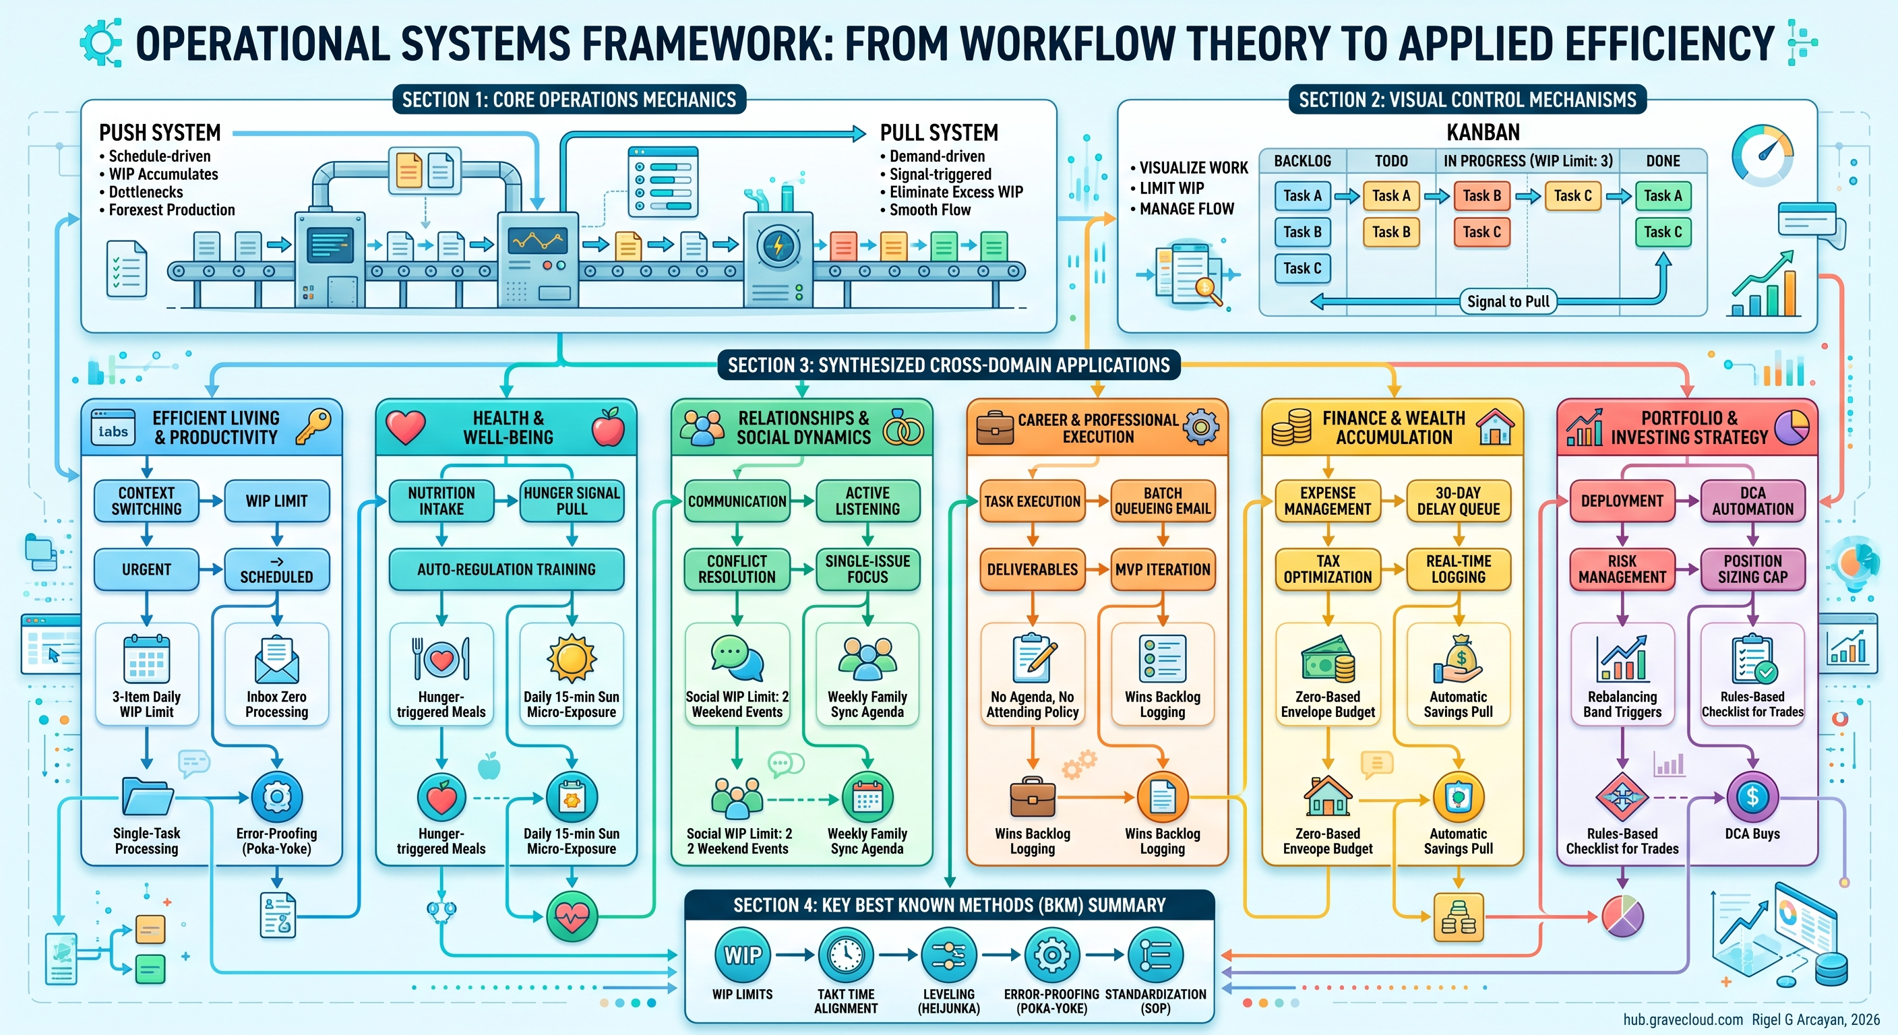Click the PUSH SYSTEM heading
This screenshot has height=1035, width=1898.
[160, 133]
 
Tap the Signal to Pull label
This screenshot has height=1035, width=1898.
[1508, 301]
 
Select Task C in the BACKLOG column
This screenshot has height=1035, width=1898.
[1302, 268]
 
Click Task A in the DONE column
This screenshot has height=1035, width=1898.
[1663, 196]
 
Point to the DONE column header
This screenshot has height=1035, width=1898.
[1663, 160]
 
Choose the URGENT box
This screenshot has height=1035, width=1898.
[147, 569]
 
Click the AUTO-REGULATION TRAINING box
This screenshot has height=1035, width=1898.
[506, 569]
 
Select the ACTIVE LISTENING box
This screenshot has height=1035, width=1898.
[867, 501]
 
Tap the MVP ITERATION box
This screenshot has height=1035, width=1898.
[1163, 569]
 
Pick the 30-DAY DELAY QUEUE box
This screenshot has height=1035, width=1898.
[1458, 501]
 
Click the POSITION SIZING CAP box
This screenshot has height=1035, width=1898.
[1753, 569]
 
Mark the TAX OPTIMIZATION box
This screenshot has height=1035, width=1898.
[1328, 569]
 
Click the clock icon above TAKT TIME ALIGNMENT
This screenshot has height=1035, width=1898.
[846, 955]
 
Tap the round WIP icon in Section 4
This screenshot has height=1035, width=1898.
[743, 955]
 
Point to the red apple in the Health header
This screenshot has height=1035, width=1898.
[608, 427]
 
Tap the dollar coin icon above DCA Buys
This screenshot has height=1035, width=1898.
[1752, 796]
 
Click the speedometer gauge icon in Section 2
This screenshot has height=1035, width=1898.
[1763, 156]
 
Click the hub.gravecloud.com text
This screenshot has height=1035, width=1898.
[1683, 1020]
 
